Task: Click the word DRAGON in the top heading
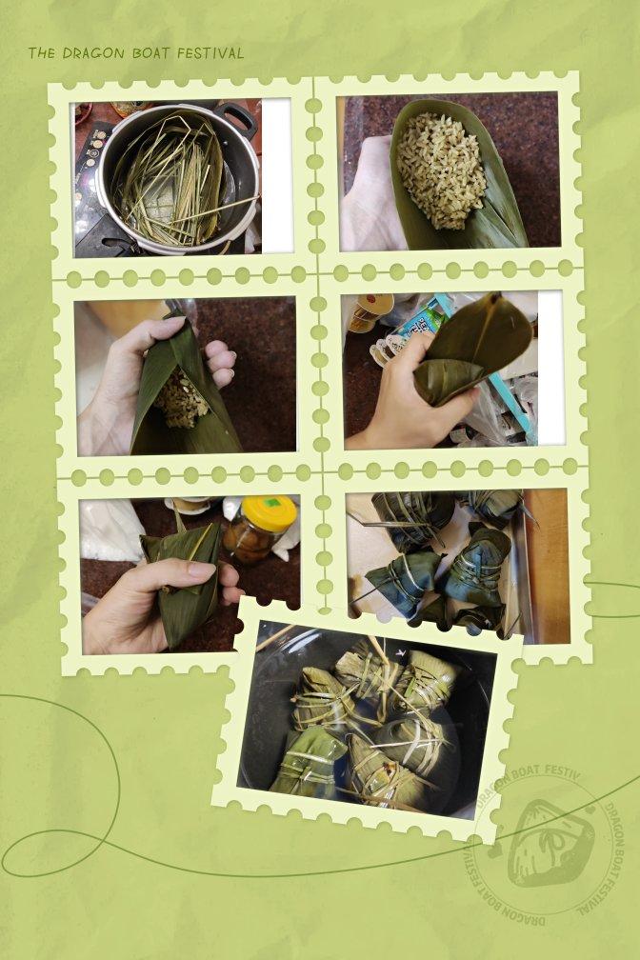point(93,53)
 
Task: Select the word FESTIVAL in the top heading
point(210,53)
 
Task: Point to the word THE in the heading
point(42,53)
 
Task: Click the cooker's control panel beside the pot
point(88,177)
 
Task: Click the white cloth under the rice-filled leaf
point(368,196)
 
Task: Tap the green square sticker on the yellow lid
point(273,504)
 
